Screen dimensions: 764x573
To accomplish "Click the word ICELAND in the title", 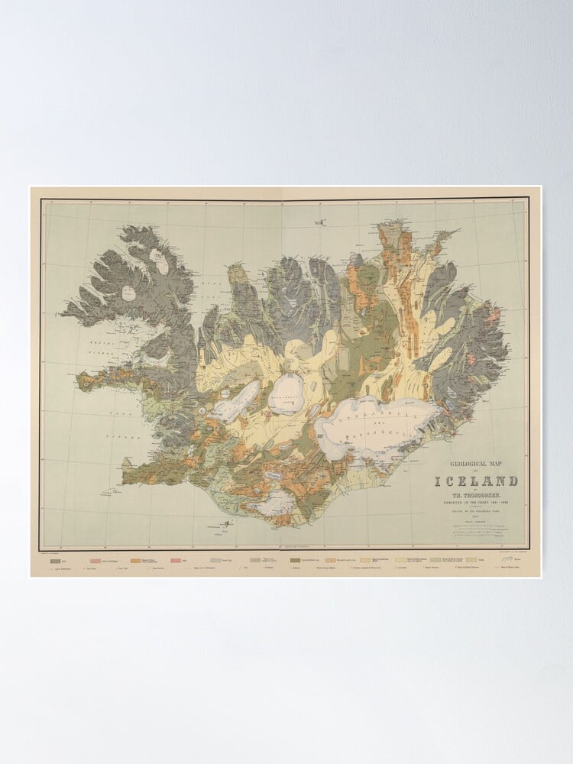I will tap(477, 481).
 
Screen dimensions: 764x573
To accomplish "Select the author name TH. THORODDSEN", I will tap(477, 494).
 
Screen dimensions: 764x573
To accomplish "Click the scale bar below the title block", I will tap(477, 527).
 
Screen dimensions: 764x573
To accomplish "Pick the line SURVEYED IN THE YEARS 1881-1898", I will tap(477, 500).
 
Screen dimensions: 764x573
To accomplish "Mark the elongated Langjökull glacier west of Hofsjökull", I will tap(236, 399).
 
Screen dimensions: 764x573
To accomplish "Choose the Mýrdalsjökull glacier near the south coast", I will tap(277, 501).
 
